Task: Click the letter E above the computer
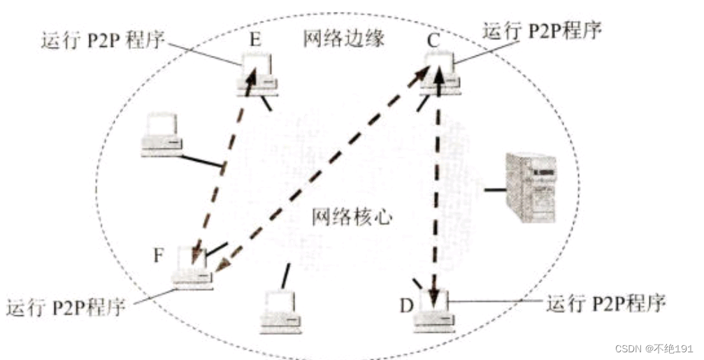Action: point(254,38)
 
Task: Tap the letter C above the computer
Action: point(433,41)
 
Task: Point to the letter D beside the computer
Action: point(406,305)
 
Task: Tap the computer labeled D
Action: point(435,310)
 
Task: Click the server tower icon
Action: point(531,188)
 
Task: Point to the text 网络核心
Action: point(352,217)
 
